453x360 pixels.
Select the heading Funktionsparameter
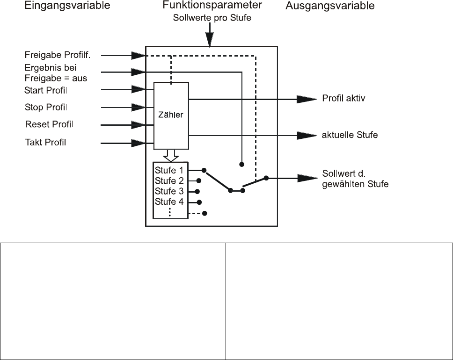(x=212, y=6)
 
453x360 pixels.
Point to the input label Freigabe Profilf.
(x=64, y=55)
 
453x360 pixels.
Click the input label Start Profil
(x=46, y=90)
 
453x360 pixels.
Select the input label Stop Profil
(x=46, y=108)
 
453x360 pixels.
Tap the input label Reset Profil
(x=49, y=124)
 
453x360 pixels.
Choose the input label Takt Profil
(x=45, y=142)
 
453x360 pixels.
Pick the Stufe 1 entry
(x=169, y=170)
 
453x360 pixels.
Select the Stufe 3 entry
(x=169, y=191)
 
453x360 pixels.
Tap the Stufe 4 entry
(x=169, y=202)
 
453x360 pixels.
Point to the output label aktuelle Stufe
(x=350, y=135)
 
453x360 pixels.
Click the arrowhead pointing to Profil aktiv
(x=307, y=99)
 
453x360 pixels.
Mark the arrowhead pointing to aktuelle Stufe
(x=307, y=135)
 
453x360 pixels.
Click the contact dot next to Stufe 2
(x=199, y=180)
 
